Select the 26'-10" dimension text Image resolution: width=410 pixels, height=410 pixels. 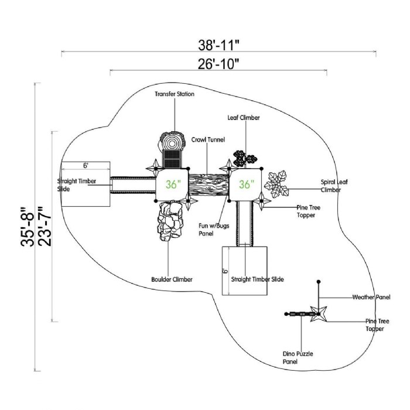(218, 64)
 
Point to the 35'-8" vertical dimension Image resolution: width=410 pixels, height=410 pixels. (25, 227)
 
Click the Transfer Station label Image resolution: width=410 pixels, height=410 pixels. (175, 94)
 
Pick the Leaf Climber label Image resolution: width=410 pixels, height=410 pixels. (244, 118)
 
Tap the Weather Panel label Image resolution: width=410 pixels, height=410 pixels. (371, 298)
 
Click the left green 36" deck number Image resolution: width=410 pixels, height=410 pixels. (172, 184)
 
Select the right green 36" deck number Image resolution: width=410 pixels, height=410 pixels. (247, 184)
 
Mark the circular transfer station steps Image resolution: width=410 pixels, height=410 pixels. (172, 142)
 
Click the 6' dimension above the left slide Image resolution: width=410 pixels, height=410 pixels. (86, 166)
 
